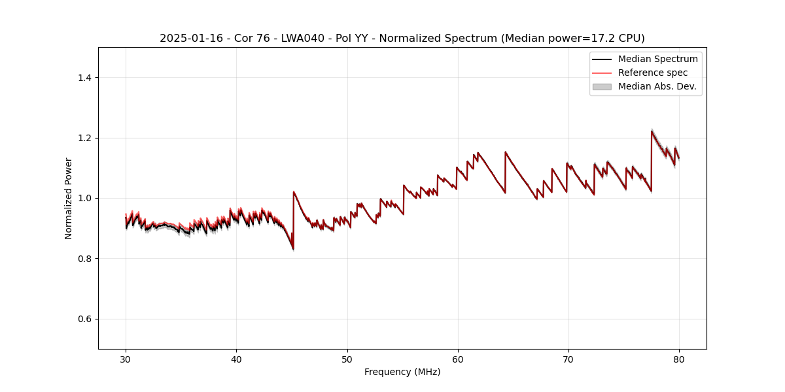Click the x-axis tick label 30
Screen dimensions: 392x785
(x=126, y=359)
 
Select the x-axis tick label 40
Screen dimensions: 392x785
(x=236, y=359)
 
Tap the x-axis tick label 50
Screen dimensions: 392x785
(x=347, y=359)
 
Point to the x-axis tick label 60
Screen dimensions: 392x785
(x=458, y=359)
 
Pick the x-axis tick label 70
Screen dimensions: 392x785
(x=568, y=359)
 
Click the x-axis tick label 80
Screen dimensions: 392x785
(x=679, y=359)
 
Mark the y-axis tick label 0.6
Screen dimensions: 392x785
(x=84, y=319)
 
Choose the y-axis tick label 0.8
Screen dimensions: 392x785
(x=84, y=259)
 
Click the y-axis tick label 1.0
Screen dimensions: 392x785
(x=84, y=198)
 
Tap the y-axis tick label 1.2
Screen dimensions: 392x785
(x=84, y=138)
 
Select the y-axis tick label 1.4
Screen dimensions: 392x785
(x=84, y=78)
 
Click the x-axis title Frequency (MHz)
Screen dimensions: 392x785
(x=402, y=372)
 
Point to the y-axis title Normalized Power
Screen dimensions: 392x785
(x=69, y=198)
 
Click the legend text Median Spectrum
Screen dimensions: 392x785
(x=657, y=59)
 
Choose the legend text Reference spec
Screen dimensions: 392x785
(x=652, y=73)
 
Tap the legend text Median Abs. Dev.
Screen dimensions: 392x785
(x=657, y=86)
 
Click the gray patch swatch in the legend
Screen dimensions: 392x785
(x=602, y=86)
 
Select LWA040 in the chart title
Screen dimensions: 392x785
(x=300, y=39)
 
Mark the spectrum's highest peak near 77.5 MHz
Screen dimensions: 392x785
(x=652, y=131)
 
